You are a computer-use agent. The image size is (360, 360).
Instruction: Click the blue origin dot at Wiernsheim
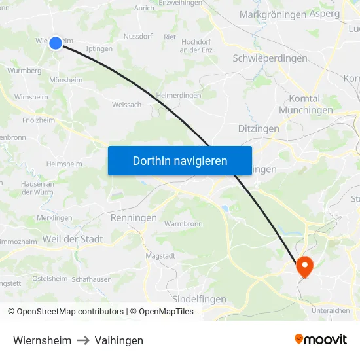click(x=56, y=43)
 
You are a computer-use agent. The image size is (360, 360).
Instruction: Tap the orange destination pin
click(x=304, y=265)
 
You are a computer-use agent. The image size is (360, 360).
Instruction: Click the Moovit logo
click(x=320, y=340)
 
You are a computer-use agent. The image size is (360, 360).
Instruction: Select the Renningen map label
click(x=134, y=217)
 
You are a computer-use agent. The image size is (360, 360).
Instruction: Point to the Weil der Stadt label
click(x=72, y=239)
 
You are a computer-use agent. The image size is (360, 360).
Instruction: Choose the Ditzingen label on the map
click(x=259, y=128)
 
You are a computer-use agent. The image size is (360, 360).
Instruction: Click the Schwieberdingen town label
click(x=270, y=58)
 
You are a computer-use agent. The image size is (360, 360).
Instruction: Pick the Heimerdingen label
click(x=179, y=95)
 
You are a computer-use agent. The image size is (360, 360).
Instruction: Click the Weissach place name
click(x=126, y=105)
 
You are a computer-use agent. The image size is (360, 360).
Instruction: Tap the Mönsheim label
click(x=65, y=80)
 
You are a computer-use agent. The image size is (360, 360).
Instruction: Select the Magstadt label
click(x=160, y=255)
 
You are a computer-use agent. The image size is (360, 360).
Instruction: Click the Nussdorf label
click(x=137, y=36)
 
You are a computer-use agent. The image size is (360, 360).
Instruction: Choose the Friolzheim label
click(x=39, y=120)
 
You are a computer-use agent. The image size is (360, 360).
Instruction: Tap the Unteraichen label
click(x=331, y=310)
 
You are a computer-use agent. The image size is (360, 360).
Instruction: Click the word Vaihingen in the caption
click(x=118, y=340)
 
